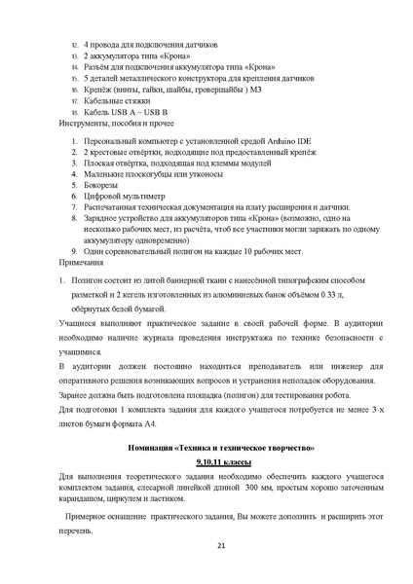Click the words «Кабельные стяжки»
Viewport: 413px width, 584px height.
point(116,101)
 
